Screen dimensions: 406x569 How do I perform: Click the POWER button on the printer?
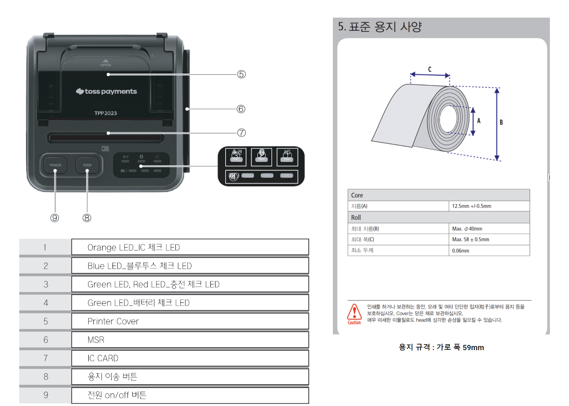point(55,165)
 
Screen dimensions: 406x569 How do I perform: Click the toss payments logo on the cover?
point(106,91)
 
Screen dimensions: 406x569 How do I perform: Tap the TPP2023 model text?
point(105,113)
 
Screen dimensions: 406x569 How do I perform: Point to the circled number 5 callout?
point(241,74)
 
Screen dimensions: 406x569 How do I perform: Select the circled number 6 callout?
point(241,109)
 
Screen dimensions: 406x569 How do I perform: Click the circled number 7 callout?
point(241,133)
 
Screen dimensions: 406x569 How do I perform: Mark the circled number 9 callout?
point(55,218)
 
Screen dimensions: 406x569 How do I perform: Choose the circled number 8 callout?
point(87,218)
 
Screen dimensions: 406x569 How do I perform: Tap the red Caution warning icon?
point(354,313)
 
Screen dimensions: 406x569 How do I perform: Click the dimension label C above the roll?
point(430,69)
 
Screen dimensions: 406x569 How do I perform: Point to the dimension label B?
point(501,122)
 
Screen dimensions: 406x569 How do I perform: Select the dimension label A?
point(479,121)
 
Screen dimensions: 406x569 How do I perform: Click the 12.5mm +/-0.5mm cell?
point(472,206)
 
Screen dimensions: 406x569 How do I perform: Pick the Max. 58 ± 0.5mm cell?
point(470,240)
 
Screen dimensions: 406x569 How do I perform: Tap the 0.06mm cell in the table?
point(461,251)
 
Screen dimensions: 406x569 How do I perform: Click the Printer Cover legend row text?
point(113,321)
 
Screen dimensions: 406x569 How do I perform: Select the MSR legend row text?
point(96,340)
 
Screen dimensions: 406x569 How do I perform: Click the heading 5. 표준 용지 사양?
point(380,27)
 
